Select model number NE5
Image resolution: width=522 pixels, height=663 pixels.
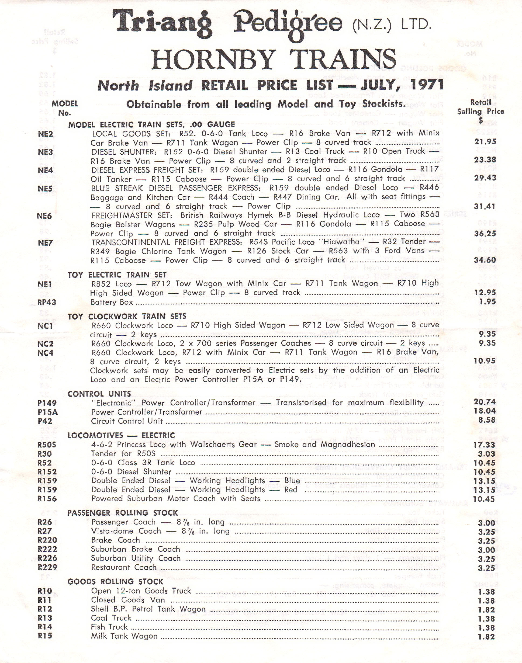coord(45,189)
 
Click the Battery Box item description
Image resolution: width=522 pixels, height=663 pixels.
coord(112,302)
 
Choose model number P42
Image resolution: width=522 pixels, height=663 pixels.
coord(45,421)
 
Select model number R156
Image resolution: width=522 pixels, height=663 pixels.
coord(47,499)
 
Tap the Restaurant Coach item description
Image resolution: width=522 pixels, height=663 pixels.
coord(124,567)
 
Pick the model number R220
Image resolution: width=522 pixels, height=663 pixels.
coord(47,540)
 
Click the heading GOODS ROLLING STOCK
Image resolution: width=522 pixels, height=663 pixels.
coord(116,581)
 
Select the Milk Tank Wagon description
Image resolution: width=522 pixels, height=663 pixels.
coord(125,636)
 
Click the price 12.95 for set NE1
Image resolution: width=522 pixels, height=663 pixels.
coord(485,292)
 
